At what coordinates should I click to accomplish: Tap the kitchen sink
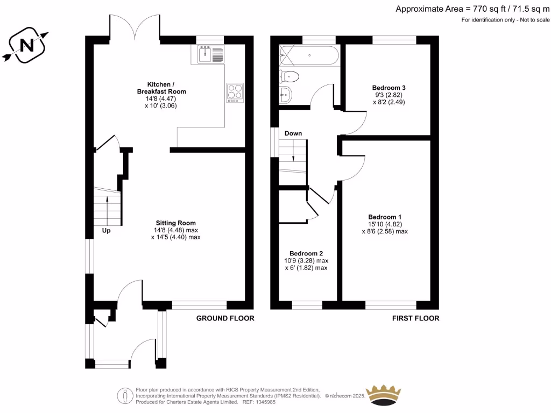211,54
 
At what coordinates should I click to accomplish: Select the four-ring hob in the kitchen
235,92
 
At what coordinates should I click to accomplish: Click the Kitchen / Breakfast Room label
161,88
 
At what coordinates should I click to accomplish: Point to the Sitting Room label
176,223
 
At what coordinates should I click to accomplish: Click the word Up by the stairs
107,231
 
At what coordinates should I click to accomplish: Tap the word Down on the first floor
293,133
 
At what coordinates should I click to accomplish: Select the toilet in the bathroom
289,76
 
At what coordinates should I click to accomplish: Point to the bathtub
310,55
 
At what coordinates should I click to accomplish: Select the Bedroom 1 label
385,217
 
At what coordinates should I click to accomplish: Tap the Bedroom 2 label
306,253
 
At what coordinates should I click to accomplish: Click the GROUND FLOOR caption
225,318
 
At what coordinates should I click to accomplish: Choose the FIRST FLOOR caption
415,318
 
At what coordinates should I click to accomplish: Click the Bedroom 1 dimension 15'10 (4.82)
385,225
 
